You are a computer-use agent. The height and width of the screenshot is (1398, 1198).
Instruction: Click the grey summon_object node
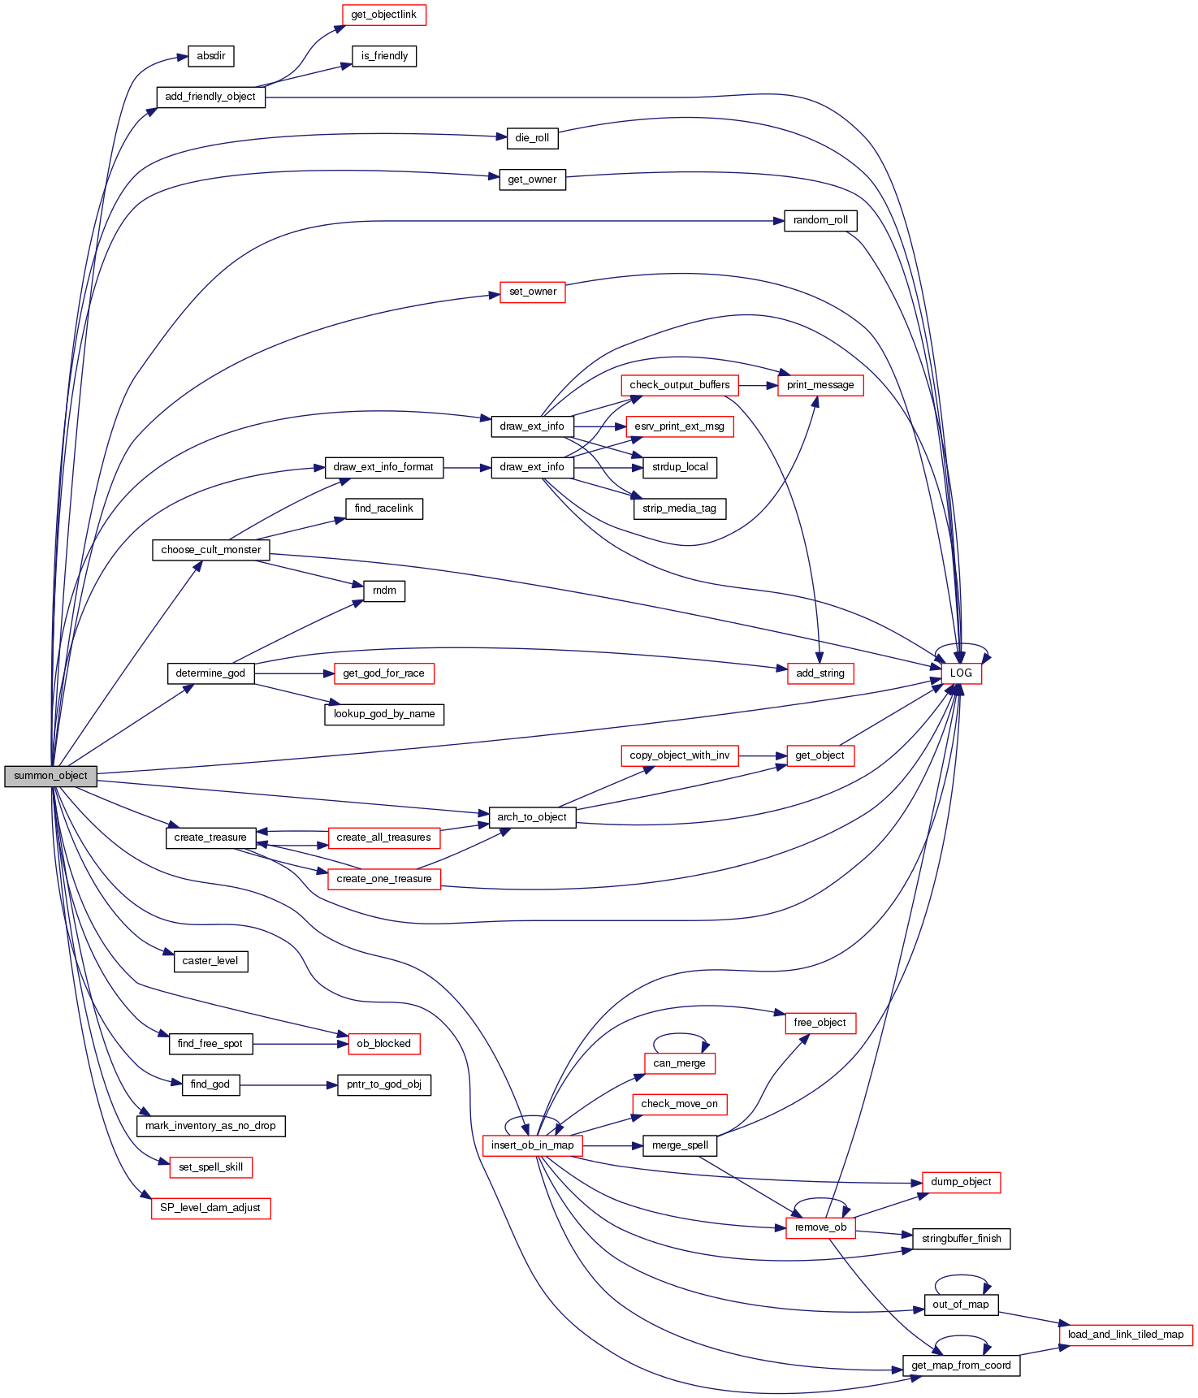[50, 776]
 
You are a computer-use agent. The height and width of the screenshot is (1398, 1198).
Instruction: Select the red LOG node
[961, 673]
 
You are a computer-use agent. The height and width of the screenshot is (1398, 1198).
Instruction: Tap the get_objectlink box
[383, 15]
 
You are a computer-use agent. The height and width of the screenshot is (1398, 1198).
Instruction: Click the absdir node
[211, 56]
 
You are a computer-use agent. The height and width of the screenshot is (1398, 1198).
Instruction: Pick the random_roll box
[820, 220]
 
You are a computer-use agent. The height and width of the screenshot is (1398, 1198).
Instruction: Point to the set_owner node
[532, 292]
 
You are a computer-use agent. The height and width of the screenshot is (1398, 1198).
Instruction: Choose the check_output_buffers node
[679, 385]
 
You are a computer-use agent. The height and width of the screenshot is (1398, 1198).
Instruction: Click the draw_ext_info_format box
[383, 467]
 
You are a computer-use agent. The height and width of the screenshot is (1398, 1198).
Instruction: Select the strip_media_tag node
[679, 509]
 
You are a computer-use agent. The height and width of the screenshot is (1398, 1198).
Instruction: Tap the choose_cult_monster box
[211, 550]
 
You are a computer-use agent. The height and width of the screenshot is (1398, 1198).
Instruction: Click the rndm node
[384, 591]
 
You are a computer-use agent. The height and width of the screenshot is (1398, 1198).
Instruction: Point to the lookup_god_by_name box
[383, 714]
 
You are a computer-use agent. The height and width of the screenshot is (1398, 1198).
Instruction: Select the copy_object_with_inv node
[679, 755]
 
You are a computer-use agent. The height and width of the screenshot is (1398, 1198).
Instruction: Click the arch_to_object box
[532, 817]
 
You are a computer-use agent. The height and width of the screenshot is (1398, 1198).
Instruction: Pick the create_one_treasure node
[384, 879]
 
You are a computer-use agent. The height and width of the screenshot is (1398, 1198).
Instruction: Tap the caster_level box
[210, 961]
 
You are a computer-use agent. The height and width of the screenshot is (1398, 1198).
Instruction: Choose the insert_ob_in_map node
[532, 1145]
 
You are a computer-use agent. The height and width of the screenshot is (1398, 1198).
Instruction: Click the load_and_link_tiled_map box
[1125, 1335]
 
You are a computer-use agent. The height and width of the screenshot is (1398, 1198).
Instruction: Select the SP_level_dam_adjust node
[210, 1208]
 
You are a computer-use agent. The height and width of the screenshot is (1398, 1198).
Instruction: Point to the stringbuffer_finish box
[961, 1239]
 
